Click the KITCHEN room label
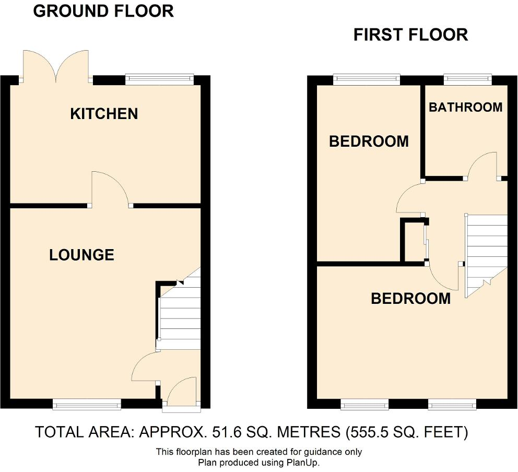[x=104, y=114]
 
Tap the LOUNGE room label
[x=81, y=255]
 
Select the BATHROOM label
[x=465, y=107]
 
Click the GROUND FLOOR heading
[x=103, y=11]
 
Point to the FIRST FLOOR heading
[x=410, y=35]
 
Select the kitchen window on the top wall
[x=159, y=79]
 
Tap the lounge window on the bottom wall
[x=87, y=404]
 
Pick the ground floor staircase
[x=180, y=316]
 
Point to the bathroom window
[x=467, y=79]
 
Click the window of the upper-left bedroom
[x=367, y=79]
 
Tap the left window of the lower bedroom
[x=364, y=404]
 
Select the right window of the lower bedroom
[x=452, y=404]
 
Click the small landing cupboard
[x=413, y=241]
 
